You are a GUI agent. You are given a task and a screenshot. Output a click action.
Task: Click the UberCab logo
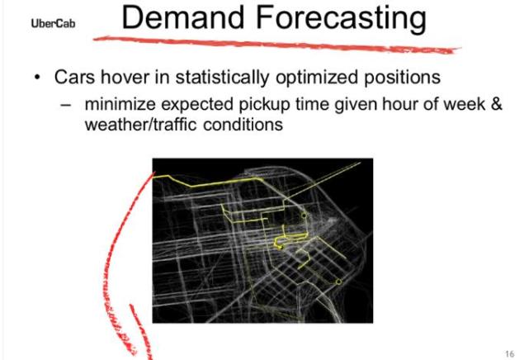pos(53,23)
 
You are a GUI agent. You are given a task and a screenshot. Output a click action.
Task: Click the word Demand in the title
pos(183,17)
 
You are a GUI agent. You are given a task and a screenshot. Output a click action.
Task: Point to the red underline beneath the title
pos(276,45)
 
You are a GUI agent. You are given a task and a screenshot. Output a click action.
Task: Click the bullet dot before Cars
pos(37,78)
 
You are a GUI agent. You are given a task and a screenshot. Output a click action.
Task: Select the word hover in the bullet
pos(125,77)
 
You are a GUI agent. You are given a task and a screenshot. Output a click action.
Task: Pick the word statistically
pos(222,78)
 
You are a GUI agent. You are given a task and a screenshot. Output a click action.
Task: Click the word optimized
pos(317,78)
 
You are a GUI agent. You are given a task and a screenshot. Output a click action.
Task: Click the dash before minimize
pos(66,105)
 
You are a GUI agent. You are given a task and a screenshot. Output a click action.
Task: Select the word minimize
pos(120,104)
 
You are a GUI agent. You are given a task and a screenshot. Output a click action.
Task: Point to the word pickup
pos(264,105)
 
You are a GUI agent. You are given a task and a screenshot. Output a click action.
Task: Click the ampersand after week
pos(496,103)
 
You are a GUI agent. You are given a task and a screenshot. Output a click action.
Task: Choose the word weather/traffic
pos(140,124)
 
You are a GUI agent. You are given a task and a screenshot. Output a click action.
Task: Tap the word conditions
pos(243,125)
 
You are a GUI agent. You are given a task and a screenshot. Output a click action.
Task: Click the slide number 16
pos(510,353)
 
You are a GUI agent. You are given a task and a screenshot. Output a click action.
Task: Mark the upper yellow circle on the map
pos(304,216)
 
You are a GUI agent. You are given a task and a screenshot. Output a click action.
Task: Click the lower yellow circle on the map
pos(338,282)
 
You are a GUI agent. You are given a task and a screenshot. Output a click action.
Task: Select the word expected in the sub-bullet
pos(197,105)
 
